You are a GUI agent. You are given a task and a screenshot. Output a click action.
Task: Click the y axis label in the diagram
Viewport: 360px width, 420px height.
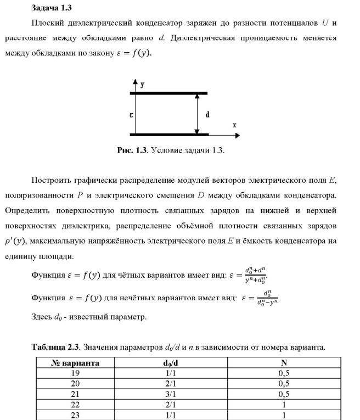(x=142, y=85)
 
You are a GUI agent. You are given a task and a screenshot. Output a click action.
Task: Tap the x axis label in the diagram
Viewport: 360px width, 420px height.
(x=234, y=125)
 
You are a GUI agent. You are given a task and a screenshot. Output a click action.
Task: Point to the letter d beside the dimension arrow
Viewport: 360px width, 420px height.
(x=207, y=115)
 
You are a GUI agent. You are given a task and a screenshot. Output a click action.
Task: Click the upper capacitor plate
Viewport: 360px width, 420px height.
(x=170, y=93)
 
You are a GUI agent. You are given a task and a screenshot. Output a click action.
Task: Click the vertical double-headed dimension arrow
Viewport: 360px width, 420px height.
(x=196, y=114)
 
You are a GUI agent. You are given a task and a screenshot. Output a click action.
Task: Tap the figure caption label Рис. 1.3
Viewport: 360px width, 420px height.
(x=131, y=150)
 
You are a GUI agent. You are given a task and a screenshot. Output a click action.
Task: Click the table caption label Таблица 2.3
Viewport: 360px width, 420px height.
(x=56, y=347)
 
